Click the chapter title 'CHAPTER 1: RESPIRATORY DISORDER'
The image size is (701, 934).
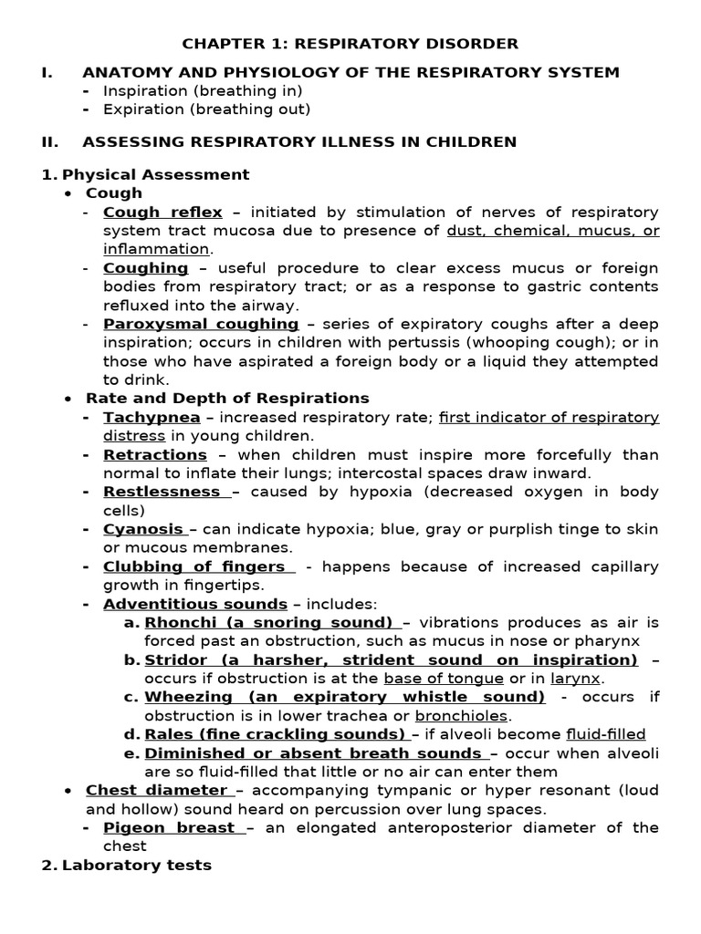[350, 43]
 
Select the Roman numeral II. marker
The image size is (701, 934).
[49, 141]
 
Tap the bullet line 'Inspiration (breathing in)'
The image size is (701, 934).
[203, 90]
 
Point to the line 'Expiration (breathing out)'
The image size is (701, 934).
[206, 109]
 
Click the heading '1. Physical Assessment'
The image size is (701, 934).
[145, 173]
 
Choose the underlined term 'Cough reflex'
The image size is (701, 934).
[162, 212]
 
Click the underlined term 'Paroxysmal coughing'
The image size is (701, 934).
[201, 324]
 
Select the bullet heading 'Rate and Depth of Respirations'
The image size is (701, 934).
[227, 399]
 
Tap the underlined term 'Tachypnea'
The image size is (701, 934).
[152, 417]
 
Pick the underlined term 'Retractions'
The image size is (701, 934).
[155, 454]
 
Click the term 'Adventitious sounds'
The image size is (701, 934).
[195, 604]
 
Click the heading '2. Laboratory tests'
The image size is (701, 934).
[127, 865]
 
